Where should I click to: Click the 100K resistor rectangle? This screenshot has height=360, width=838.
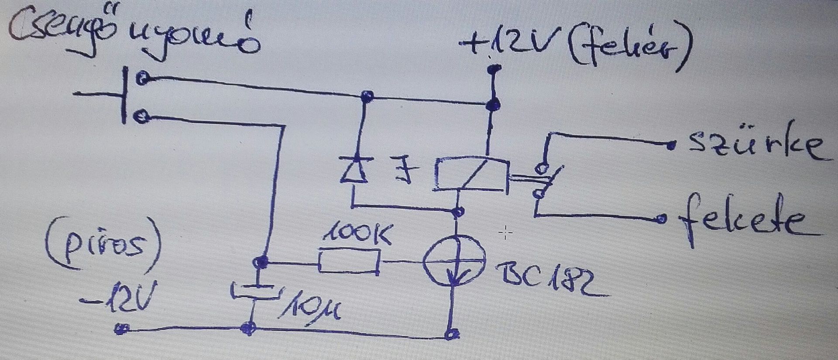tap(349, 261)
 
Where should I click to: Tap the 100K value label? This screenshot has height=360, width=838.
tap(358, 235)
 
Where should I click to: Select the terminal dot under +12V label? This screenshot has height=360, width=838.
tap(494, 69)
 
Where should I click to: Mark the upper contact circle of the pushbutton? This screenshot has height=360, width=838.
tap(142, 79)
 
